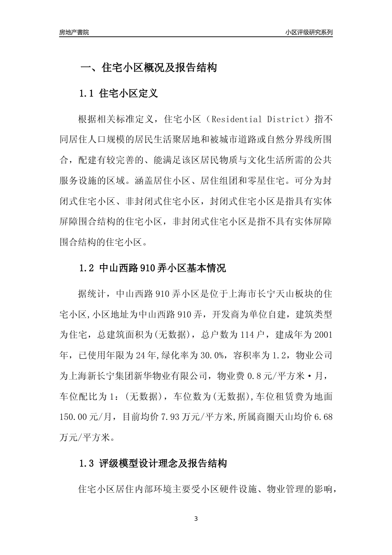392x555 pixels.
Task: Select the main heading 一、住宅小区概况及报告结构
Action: click(x=148, y=68)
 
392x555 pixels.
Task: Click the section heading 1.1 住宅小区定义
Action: click(x=118, y=93)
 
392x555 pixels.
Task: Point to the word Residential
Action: click(x=236, y=120)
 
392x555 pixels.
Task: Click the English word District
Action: click(x=285, y=120)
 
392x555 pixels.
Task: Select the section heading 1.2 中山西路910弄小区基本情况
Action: click(x=152, y=268)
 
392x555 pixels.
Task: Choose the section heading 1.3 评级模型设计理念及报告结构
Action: click(x=153, y=463)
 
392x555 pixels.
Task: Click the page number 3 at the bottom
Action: click(x=196, y=519)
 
